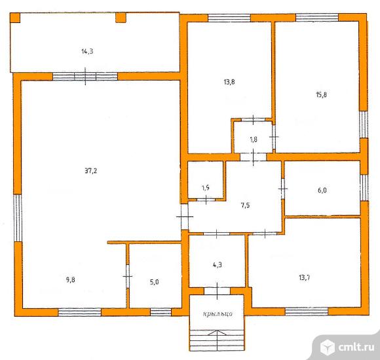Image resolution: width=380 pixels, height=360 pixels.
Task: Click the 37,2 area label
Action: click(91, 171)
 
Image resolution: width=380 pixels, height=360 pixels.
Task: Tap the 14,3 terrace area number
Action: click(87, 51)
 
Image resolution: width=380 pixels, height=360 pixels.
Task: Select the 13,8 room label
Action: click(229, 82)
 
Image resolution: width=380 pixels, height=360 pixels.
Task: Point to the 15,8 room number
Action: click(322, 94)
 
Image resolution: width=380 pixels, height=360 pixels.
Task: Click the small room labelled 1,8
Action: click(254, 140)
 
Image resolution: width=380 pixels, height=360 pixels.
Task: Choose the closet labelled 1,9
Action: click(206, 188)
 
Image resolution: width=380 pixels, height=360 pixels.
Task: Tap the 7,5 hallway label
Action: click(246, 205)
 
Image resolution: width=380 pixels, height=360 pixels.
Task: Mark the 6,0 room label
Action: click(322, 190)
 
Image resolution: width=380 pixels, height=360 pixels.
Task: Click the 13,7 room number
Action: click(305, 277)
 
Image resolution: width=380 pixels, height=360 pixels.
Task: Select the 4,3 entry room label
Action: click(218, 265)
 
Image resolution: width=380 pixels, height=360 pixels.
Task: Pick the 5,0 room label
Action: click(155, 282)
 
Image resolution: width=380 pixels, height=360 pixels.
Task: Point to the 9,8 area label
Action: click(71, 280)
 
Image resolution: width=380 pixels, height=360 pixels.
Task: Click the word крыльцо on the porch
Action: click(218, 313)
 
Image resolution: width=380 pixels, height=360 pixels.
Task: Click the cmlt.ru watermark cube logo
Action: click(328, 347)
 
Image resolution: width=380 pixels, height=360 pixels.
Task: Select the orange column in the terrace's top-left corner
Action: click(15, 18)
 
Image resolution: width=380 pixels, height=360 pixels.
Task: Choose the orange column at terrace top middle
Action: click(121, 18)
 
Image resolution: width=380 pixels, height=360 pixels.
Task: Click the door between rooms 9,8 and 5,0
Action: click(128, 276)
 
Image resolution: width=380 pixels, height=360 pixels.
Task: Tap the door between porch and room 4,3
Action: click(217, 291)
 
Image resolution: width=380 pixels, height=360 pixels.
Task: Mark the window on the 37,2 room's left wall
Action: click(18, 218)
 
